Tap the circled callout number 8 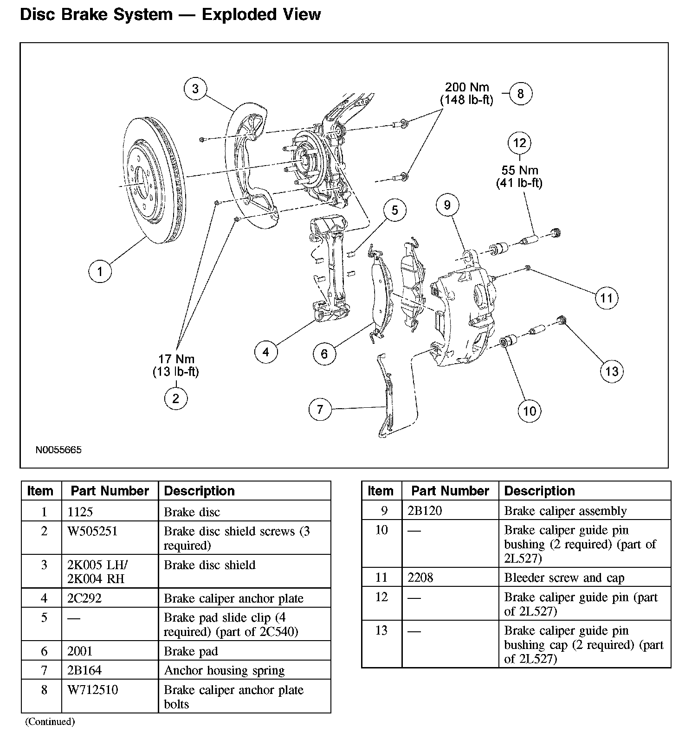[x=520, y=94]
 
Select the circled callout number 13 [x=612, y=371]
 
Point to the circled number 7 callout [x=320, y=410]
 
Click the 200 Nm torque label [x=467, y=87]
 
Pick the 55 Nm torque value [x=519, y=170]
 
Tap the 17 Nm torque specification [x=176, y=359]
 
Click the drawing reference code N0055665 [x=58, y=450]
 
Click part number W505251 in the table [x=93, y=531]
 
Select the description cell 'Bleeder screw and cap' [x=564, y=578]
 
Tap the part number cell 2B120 [x=425, y=511]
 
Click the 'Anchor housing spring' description [x=224, y=671]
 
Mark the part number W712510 [x=92, y=690]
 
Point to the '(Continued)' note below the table [x=50, y=721]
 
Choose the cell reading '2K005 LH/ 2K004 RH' [x=97, y=572]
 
